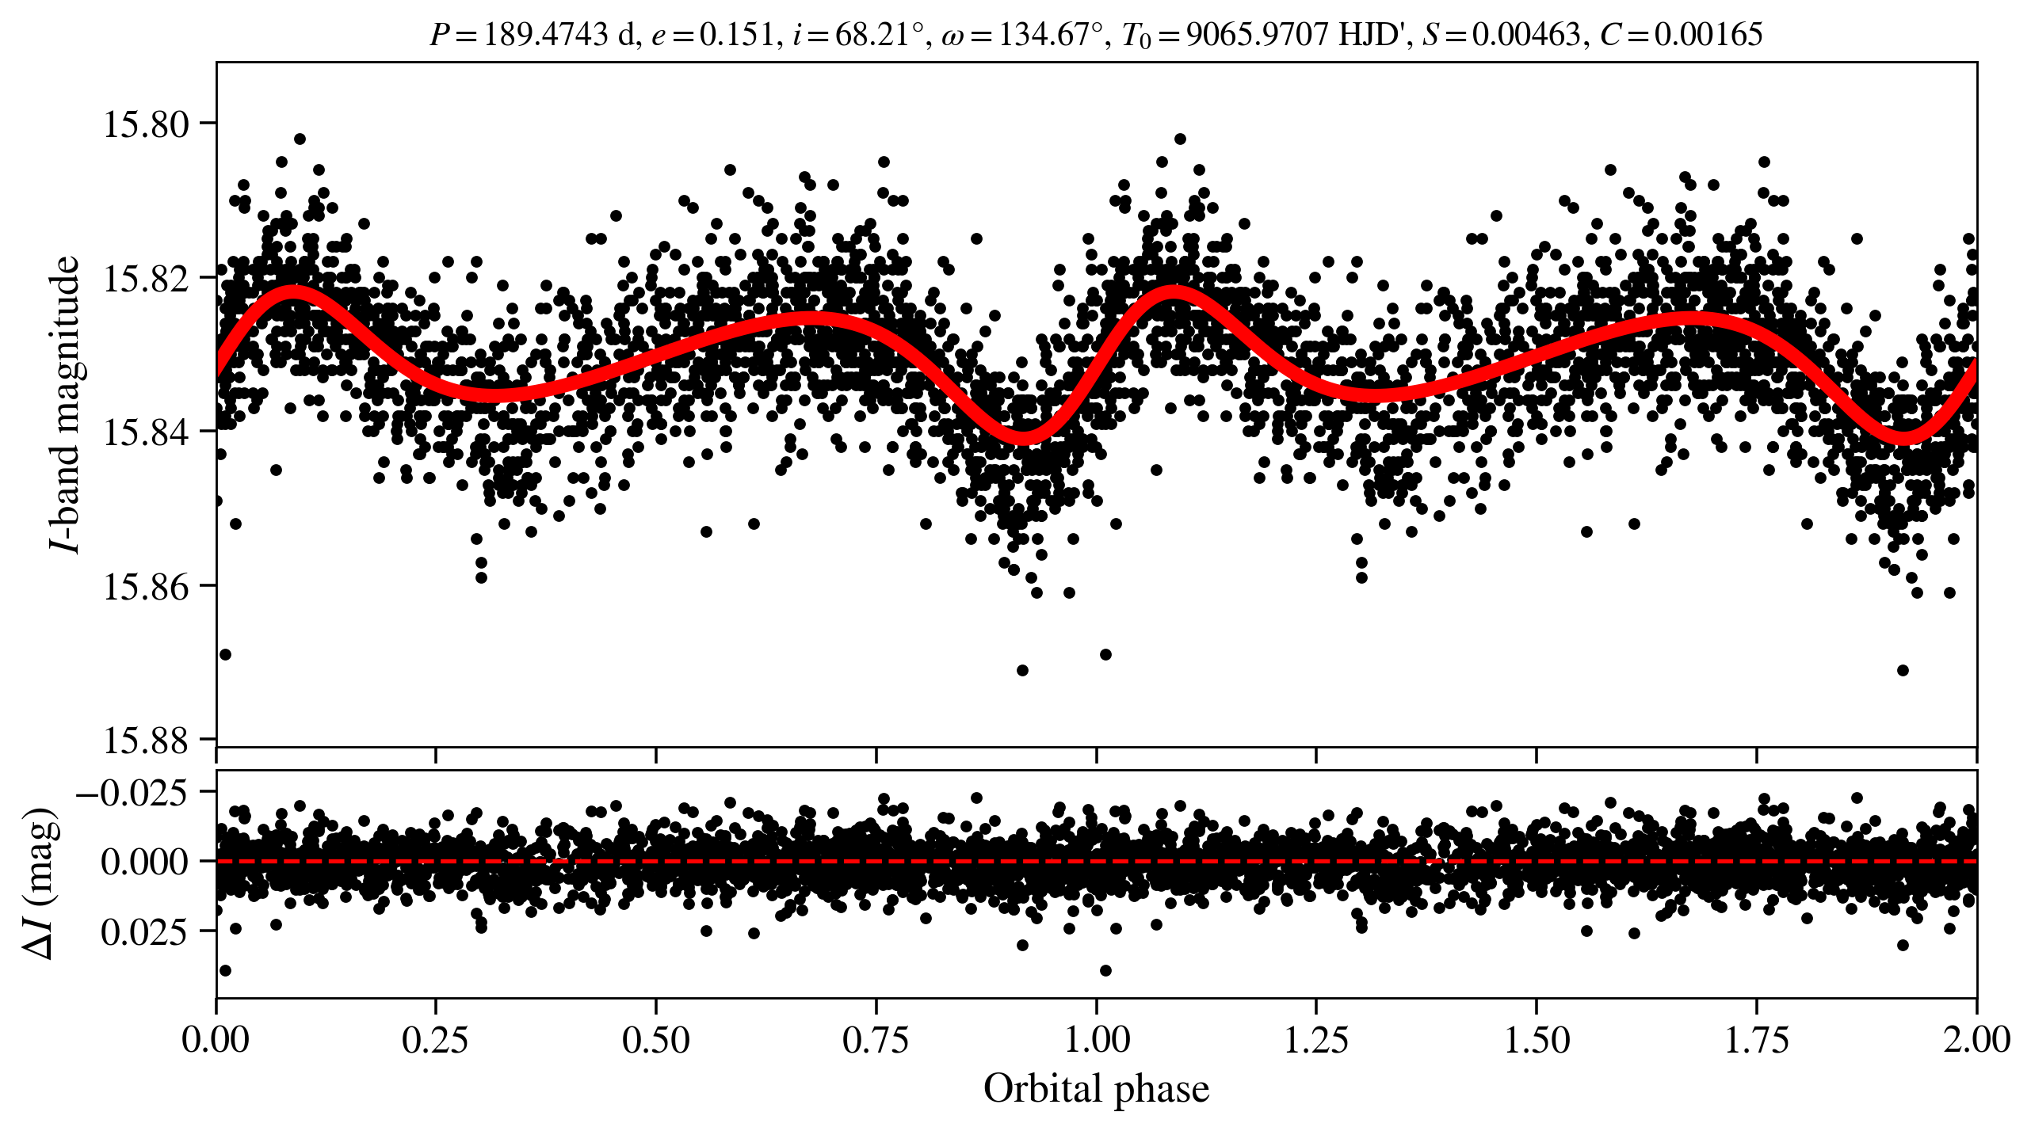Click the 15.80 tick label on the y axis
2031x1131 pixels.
(x=147, y=124)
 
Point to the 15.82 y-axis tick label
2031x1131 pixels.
(x=147, y=279)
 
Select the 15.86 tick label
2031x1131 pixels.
(x=147, y=587)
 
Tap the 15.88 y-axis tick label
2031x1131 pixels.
(x=147, y=741)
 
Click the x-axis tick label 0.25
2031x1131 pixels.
(x=435, y=1040)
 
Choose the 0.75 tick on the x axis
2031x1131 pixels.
(x=876, y=1040)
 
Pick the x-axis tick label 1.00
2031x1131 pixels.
(x=1096, y=1040)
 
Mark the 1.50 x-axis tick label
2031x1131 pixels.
(x=1537, y=1040)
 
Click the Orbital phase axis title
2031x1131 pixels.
(x=1096, y=1089)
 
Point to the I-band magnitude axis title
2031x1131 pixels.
(x=65, y=404)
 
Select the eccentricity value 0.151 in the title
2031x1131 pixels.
(x=736, y=35)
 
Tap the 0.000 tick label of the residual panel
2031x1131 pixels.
(x=144, y=862)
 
